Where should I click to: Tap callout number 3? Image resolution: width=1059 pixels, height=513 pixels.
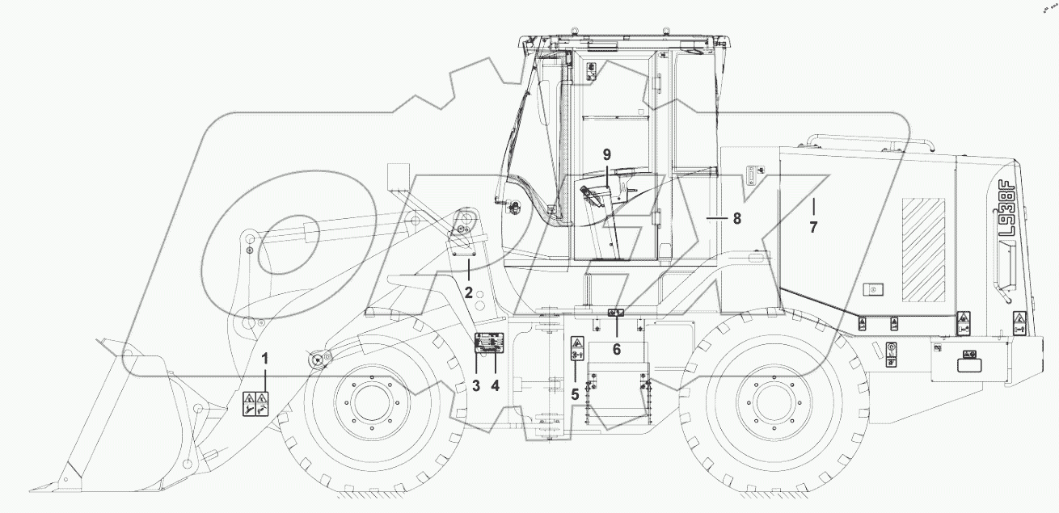(x=477, y=386)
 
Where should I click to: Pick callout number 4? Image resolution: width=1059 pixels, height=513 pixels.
(x=496, y=386)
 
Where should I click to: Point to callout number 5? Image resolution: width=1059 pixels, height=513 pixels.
(x=576, y=394)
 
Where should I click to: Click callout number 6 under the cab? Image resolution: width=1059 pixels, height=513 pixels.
(x=617, y=349)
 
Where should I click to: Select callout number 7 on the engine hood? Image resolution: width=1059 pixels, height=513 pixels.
(x=813, y=228)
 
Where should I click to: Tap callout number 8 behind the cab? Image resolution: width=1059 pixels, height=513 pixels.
(x=736, y=218)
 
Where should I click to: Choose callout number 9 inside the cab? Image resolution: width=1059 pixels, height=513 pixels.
(x=606, y=153)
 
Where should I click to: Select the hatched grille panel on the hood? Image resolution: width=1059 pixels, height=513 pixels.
(x=923, y=246)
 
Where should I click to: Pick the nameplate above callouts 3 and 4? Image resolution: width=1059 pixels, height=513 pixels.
(x=489, y=343)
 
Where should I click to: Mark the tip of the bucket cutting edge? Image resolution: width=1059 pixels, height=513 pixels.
(x=32, y=489)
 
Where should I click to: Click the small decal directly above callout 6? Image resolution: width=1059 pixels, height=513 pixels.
(x=615, y=313)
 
